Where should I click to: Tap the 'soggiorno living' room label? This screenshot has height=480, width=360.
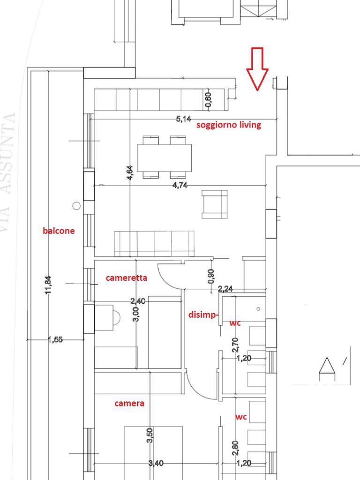pyautogui.click(x=229, y=125)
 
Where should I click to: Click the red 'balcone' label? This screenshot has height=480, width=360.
pyautogui.click(x=59, y=231)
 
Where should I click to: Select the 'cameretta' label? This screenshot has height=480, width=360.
pyautogui.click(x=127, y=277)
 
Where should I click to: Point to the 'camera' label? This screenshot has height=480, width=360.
pyautogui.click(x=129, y=403)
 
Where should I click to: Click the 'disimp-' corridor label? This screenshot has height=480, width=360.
pyautogui.click(x=202, y=315)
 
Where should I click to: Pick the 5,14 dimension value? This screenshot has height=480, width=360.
pyautogui.click(x=184, y=119)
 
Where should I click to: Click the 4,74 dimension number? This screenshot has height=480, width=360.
pyautogui.click(x=180, y=185)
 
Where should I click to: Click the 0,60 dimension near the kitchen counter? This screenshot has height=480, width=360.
pyautogui.click(x=209, y=100)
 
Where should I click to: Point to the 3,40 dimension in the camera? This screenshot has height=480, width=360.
pyautogui.click(x=156, y=463)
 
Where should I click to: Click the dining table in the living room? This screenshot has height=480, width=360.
pyautogui.click(x=164, y=157)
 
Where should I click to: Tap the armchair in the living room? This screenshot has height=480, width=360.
pyautogui.click(x=214, y=204)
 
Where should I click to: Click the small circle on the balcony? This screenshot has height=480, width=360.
pyautogui.click(x=77, y=205)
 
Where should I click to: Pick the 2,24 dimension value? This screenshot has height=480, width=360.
pyautogui.click(x=226, y=289)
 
